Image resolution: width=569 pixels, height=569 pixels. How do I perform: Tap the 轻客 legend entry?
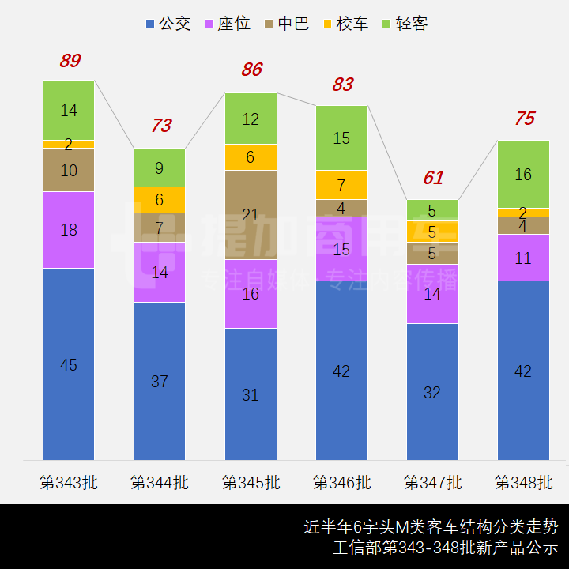(404, 24)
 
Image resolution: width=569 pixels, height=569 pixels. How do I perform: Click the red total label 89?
(70, 61)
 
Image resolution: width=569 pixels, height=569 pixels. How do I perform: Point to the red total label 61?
(432, 178)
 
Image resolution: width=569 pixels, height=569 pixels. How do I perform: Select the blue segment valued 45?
(69, 364)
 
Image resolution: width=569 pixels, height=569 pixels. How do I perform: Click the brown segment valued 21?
(251, 215)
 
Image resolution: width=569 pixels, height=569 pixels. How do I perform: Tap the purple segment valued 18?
(69, 230)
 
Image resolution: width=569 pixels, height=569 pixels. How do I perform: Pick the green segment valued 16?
(523, 175)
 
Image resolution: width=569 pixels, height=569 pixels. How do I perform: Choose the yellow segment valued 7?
(341, 185)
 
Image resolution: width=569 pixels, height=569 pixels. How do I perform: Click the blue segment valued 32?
(432, 392)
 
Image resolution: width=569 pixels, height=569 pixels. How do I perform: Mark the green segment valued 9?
(160, 168)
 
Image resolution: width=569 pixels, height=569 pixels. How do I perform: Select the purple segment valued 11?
(523, 258)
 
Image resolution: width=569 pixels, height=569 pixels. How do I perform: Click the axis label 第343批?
(69, 482)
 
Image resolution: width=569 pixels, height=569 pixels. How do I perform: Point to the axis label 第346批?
(341, 482)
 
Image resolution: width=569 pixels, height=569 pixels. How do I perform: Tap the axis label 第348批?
(523, 482)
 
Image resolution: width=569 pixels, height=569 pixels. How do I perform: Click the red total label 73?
(160, 126)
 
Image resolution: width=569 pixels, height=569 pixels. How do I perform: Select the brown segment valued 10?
(69, 170)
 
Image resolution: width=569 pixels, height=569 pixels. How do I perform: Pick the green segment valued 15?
(341, 138)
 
